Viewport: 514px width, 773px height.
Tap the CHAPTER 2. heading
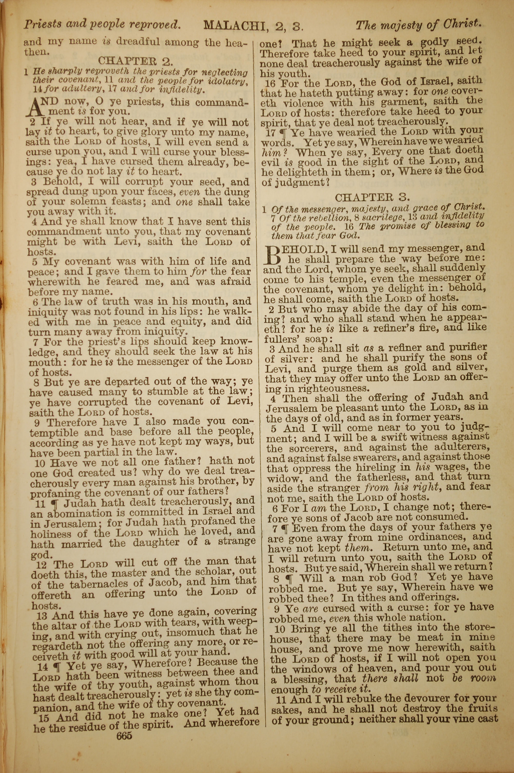pos(135,61)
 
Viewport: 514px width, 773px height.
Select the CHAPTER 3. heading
pos(372,197)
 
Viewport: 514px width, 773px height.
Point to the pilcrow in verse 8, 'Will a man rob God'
pos(290,578)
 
